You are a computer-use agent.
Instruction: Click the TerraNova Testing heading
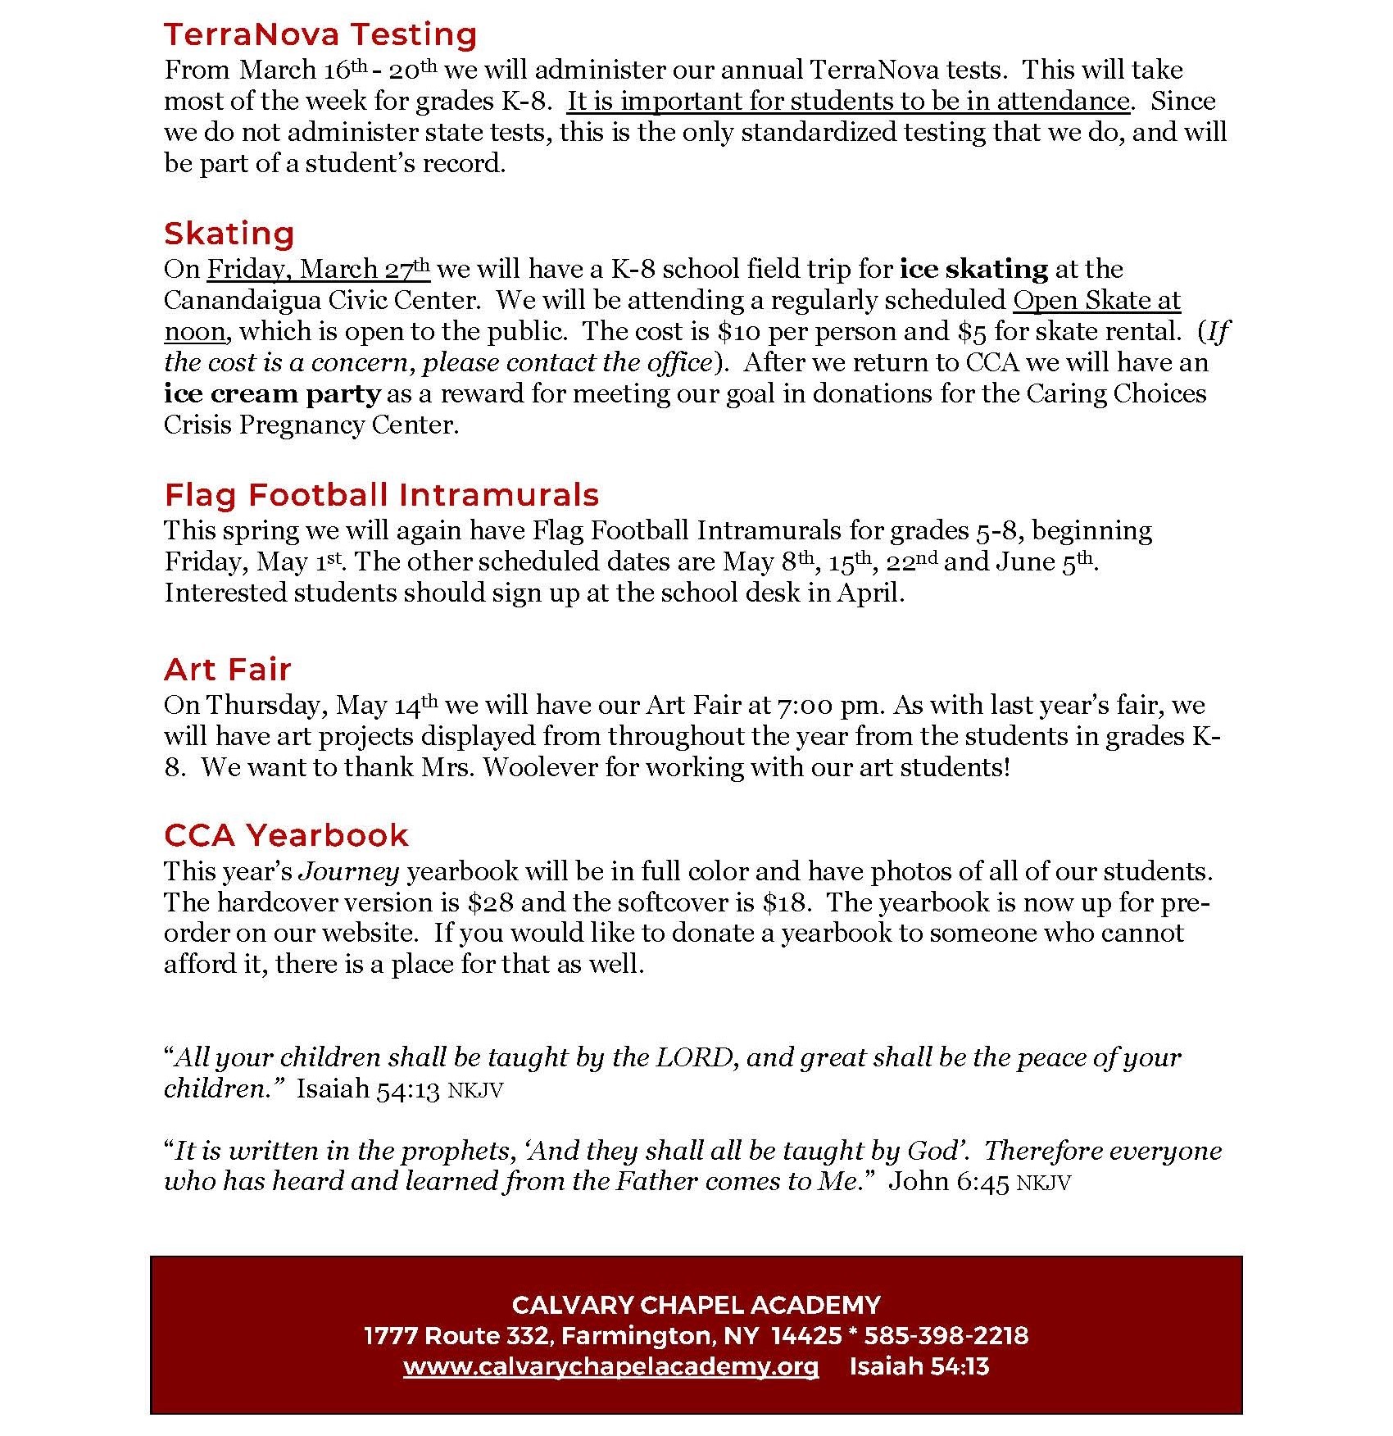[320, 35]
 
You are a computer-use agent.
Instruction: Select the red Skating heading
[229, 234]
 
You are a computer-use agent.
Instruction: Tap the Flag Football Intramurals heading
[382, 495]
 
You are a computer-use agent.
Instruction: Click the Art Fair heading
[227, 670]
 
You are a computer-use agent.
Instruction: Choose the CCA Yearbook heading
[286, 835]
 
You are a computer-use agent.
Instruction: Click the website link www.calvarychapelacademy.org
[610, 1366]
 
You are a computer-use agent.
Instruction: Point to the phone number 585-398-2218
[946, 1336]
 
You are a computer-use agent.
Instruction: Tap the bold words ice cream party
[272, 394]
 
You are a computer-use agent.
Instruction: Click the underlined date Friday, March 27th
[318, 270]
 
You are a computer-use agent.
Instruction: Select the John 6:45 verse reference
[949, 1182]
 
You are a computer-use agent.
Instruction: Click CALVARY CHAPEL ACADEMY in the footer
[696, 1305]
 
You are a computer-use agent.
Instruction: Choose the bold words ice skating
[973, 270]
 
